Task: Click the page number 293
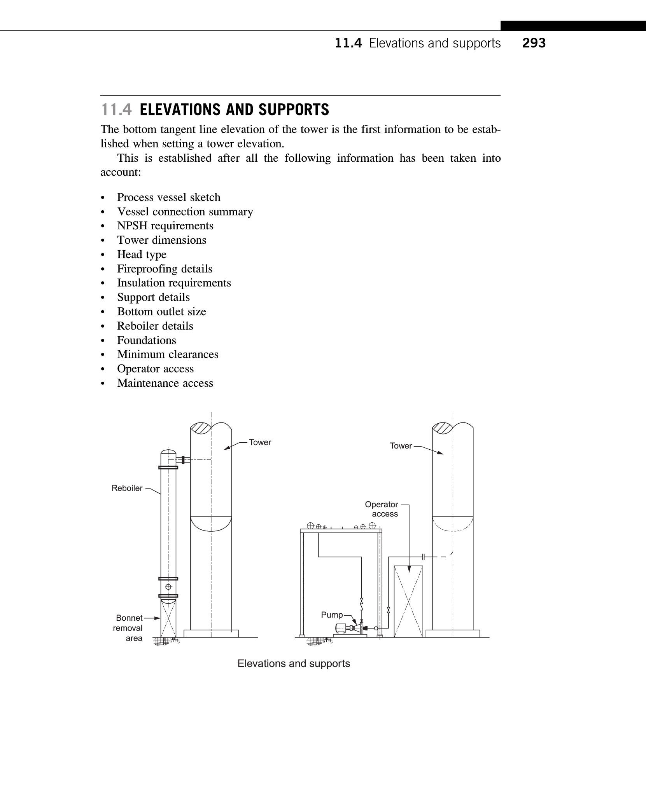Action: coord(534,43)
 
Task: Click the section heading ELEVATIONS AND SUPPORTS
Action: coord(234,110)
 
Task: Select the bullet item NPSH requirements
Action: coord(165,226)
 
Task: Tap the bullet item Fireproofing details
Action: coord(165,269)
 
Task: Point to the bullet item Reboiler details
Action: coord(155,326)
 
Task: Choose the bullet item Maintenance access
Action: coord(165,383)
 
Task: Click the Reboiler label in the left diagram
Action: coord(127,488)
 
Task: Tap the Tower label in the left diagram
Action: coord(260,442)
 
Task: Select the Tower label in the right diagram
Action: coord(401,446)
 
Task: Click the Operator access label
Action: coord(382,509)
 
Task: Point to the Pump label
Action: coord(332,615)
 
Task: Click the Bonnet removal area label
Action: coord(129,628)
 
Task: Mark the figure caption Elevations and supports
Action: coord(294,663)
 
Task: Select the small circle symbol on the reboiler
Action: coord(168,587)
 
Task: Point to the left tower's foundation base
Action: coord(211,634)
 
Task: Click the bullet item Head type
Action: coord(142,255)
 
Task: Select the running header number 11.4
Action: coord(348,43)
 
